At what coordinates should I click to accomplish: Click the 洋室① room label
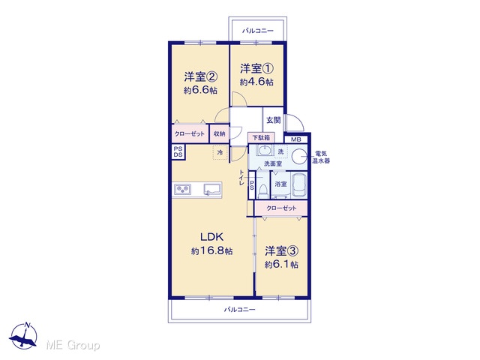coord(256,68)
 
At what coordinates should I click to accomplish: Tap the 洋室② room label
coord(200,76)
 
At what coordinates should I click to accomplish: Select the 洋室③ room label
coord(281,251)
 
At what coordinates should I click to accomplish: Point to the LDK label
coord(211,237)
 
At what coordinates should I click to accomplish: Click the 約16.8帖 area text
coord(211,251)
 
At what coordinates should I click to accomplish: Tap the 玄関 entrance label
coord(273,120)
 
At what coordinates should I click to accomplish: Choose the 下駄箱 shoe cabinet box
coord(261,138)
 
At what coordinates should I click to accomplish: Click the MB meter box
coord(295,139)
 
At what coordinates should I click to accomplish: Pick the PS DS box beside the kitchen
coord(178,151)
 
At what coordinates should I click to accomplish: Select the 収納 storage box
coord(219,133)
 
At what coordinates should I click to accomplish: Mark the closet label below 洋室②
coord(190,133)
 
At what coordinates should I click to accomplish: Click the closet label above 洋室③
coord(281,208)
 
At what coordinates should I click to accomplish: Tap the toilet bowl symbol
coord(262,192)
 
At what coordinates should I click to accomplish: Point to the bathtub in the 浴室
coord(298,185)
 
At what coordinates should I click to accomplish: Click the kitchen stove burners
coord(183,190)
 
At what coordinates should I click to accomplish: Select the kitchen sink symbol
coord(212,189)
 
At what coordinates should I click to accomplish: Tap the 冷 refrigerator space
coord(220,152)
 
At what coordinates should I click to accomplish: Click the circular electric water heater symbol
coord(298,157)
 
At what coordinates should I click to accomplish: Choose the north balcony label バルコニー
coord(258,31)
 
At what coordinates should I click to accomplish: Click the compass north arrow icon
coord(23,336)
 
